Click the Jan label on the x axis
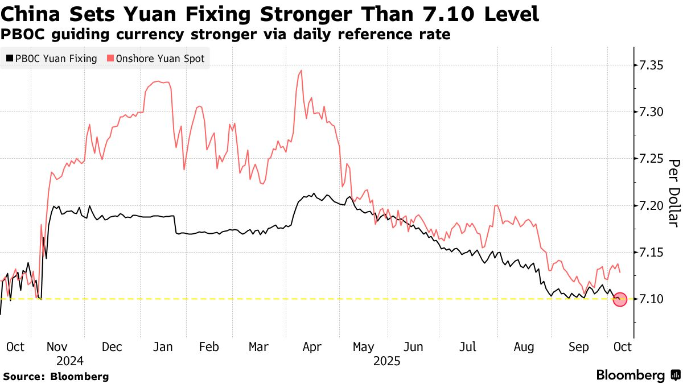tap(163, 346)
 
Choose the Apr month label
tap(312, 346)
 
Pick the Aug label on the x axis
tap(523, 346)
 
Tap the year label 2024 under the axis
tap(70, 361)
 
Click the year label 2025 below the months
tap(387, 361)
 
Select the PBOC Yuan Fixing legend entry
tap(52, 59)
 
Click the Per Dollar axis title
tap(674, 192)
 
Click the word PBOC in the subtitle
tap(24, 35)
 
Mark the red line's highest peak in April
tap(301, 71)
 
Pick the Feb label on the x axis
tap(209, 346)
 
